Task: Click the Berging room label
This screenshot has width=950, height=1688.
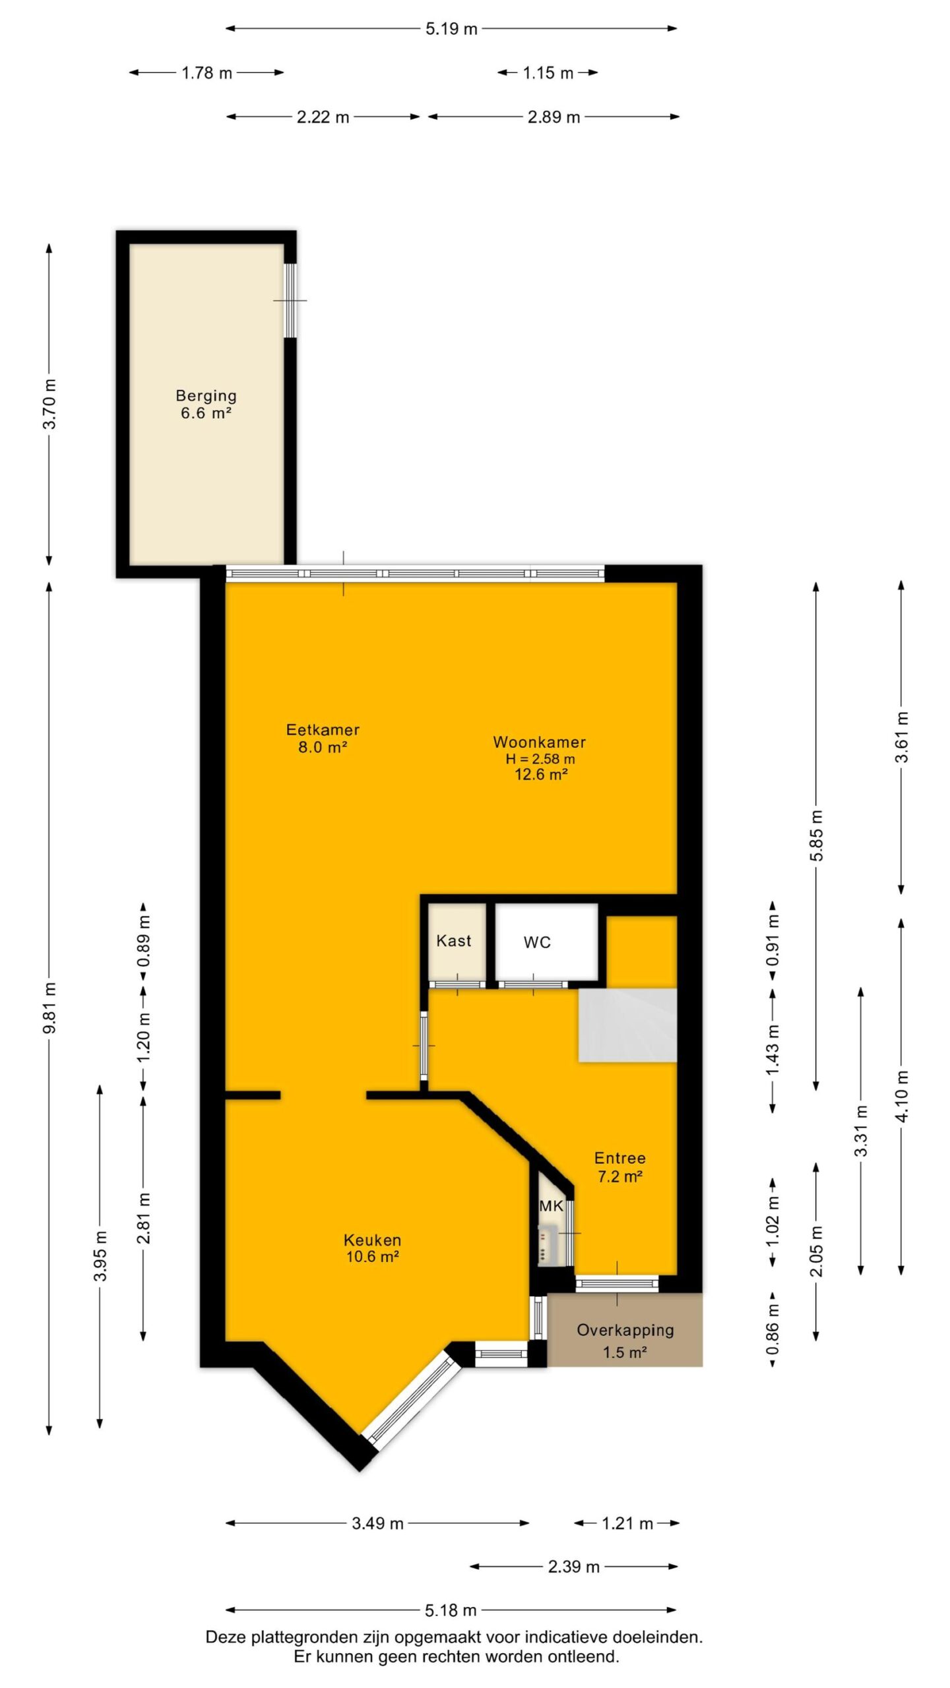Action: tap(206, 396)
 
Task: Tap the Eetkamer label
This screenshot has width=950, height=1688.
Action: tap(323, 729)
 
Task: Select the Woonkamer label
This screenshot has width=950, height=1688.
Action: tap(540, 742)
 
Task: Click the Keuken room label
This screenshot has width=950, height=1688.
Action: tap(373, 1240)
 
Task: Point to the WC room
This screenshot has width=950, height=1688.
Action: tap(546, 942)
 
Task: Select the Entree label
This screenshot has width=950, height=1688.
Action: tap(620, 1158)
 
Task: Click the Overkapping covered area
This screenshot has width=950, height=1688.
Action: tap(625, 1329)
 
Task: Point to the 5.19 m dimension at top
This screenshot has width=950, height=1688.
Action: tap(451, 29)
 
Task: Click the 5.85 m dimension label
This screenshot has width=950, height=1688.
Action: tap(817, 835)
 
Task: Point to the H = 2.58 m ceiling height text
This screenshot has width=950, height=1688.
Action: tap(540, 759)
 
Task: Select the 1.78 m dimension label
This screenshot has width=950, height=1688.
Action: tap(207, 73)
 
